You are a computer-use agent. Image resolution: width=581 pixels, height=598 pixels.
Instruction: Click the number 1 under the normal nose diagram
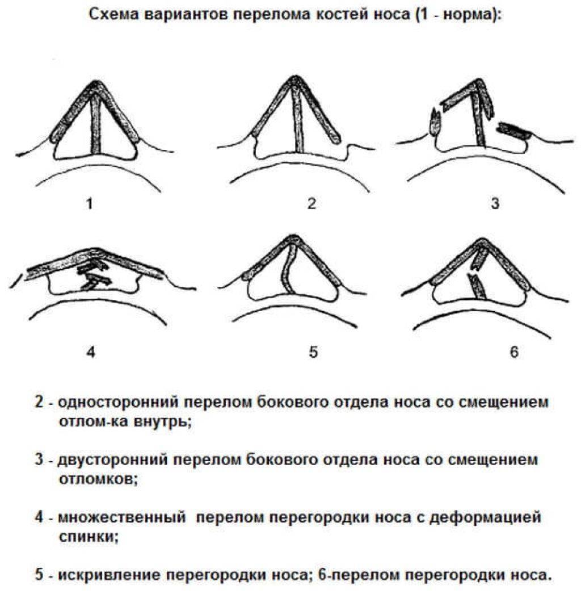[90, 203]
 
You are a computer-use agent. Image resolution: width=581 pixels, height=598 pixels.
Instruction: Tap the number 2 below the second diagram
[311, 203]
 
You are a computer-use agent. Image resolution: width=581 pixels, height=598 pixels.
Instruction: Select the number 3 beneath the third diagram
[495, 203]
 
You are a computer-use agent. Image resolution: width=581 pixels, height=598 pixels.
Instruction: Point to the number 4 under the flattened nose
[90, 352]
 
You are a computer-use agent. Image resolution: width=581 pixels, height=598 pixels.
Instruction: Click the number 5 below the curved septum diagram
[313, 352]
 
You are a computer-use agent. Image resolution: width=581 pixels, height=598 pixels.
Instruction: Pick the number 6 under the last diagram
[514, 352]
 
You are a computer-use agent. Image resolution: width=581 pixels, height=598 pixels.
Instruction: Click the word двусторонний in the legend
[112, 460]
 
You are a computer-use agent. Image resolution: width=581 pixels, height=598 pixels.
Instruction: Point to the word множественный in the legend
[122, 517]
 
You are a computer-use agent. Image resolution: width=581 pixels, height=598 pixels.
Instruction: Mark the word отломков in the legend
[98, 479]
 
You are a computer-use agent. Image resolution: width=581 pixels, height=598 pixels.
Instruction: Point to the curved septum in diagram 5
[288, 269]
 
